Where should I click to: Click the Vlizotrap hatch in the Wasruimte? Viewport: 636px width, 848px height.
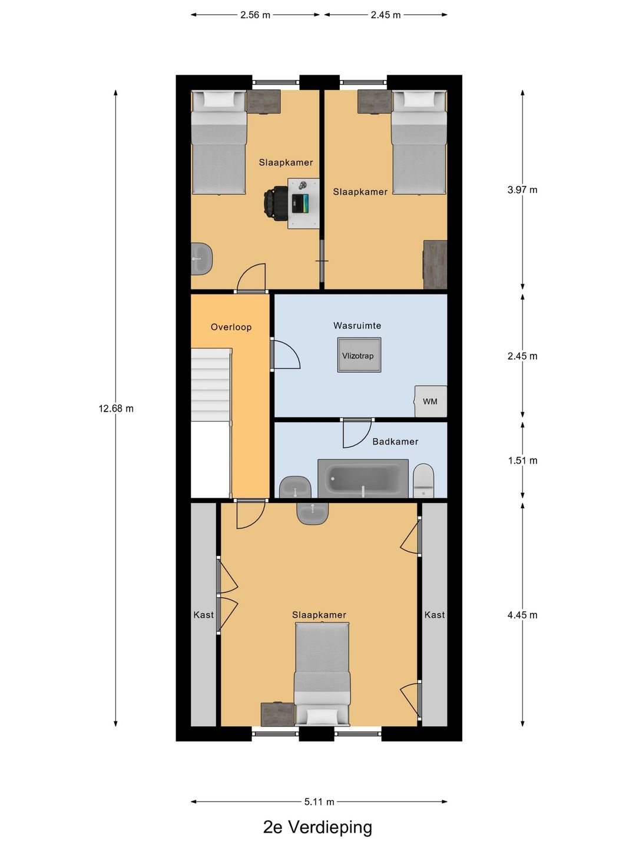[x=359, y=355]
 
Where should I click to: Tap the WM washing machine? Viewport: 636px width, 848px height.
[x=430, y=401]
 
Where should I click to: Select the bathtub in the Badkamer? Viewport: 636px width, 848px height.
[x=363, y=478]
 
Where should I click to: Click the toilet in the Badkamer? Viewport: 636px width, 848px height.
[x=423, y=481]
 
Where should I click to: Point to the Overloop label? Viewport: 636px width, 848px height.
[x=231, y=327]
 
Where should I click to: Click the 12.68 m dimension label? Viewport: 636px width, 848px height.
[x=116, y=408]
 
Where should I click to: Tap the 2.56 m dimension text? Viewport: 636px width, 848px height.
[x=255, y=15]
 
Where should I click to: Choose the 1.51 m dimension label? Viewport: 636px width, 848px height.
[x=522, y=461]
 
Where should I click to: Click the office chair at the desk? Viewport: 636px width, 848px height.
[x=276, y=200]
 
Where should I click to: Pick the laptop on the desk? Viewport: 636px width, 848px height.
[x=300, y=203]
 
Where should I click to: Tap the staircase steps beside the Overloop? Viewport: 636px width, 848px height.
[x=211, y=385]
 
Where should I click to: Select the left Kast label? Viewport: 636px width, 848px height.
[x=204, y=615]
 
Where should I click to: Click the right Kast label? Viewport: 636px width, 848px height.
[x=435, y=615]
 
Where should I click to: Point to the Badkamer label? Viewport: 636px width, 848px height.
[x=395, y=442]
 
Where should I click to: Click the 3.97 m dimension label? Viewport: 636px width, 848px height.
[x=522, y=190]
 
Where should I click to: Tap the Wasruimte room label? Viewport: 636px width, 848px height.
[x=357, y=326]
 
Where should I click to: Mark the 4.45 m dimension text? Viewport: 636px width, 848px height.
[x=522, y=615]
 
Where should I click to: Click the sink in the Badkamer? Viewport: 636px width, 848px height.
[x=296, y=487]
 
